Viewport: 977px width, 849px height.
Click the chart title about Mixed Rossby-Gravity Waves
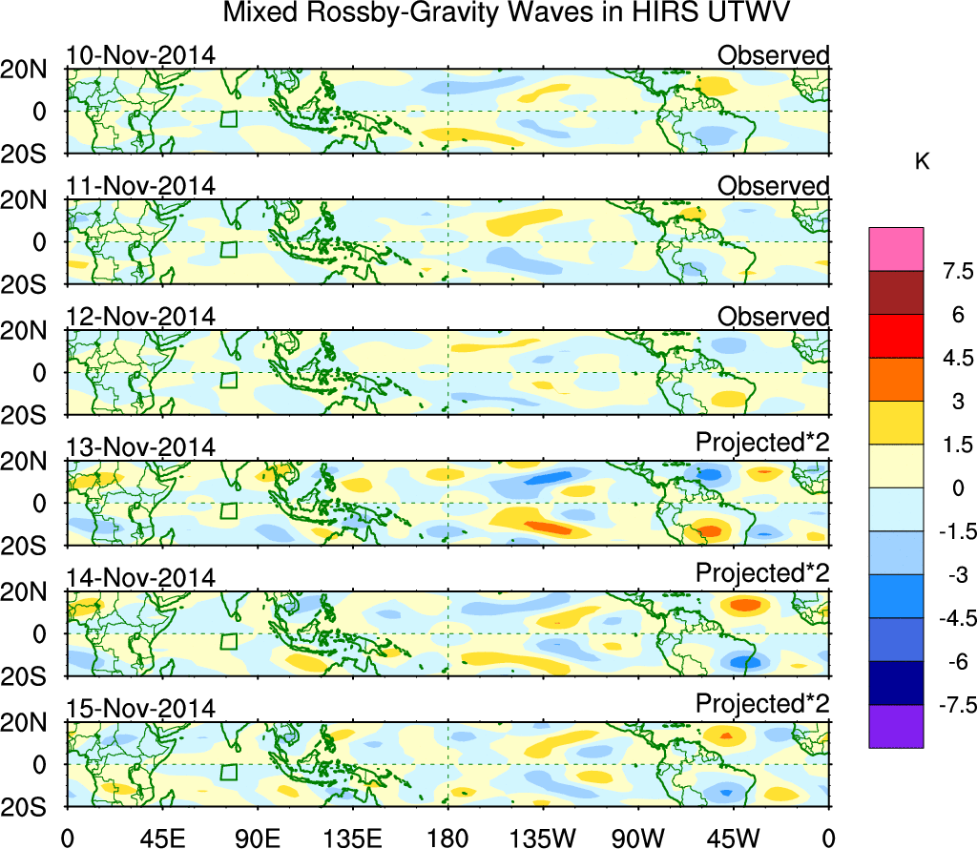click(507, 14)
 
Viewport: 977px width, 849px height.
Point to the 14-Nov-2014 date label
click(141, 578)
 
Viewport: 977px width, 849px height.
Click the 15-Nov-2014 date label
click(141, 709)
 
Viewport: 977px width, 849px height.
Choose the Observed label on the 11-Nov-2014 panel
click(774, 186)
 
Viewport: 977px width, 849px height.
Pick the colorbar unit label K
click(922, 162)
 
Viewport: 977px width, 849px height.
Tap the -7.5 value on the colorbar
click(950, 705)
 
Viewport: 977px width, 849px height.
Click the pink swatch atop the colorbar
click(896, 249)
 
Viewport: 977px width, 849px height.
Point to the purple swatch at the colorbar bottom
click(896, 726)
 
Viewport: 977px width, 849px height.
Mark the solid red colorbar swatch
click(896, 336)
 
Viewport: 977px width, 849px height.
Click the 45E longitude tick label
click(161, 839)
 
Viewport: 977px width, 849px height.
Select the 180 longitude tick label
click(448, 839)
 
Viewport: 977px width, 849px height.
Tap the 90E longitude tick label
click(257, 839)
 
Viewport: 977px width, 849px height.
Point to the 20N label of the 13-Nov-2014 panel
click(32, 461)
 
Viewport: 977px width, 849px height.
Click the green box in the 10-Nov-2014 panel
click(228, 119)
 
